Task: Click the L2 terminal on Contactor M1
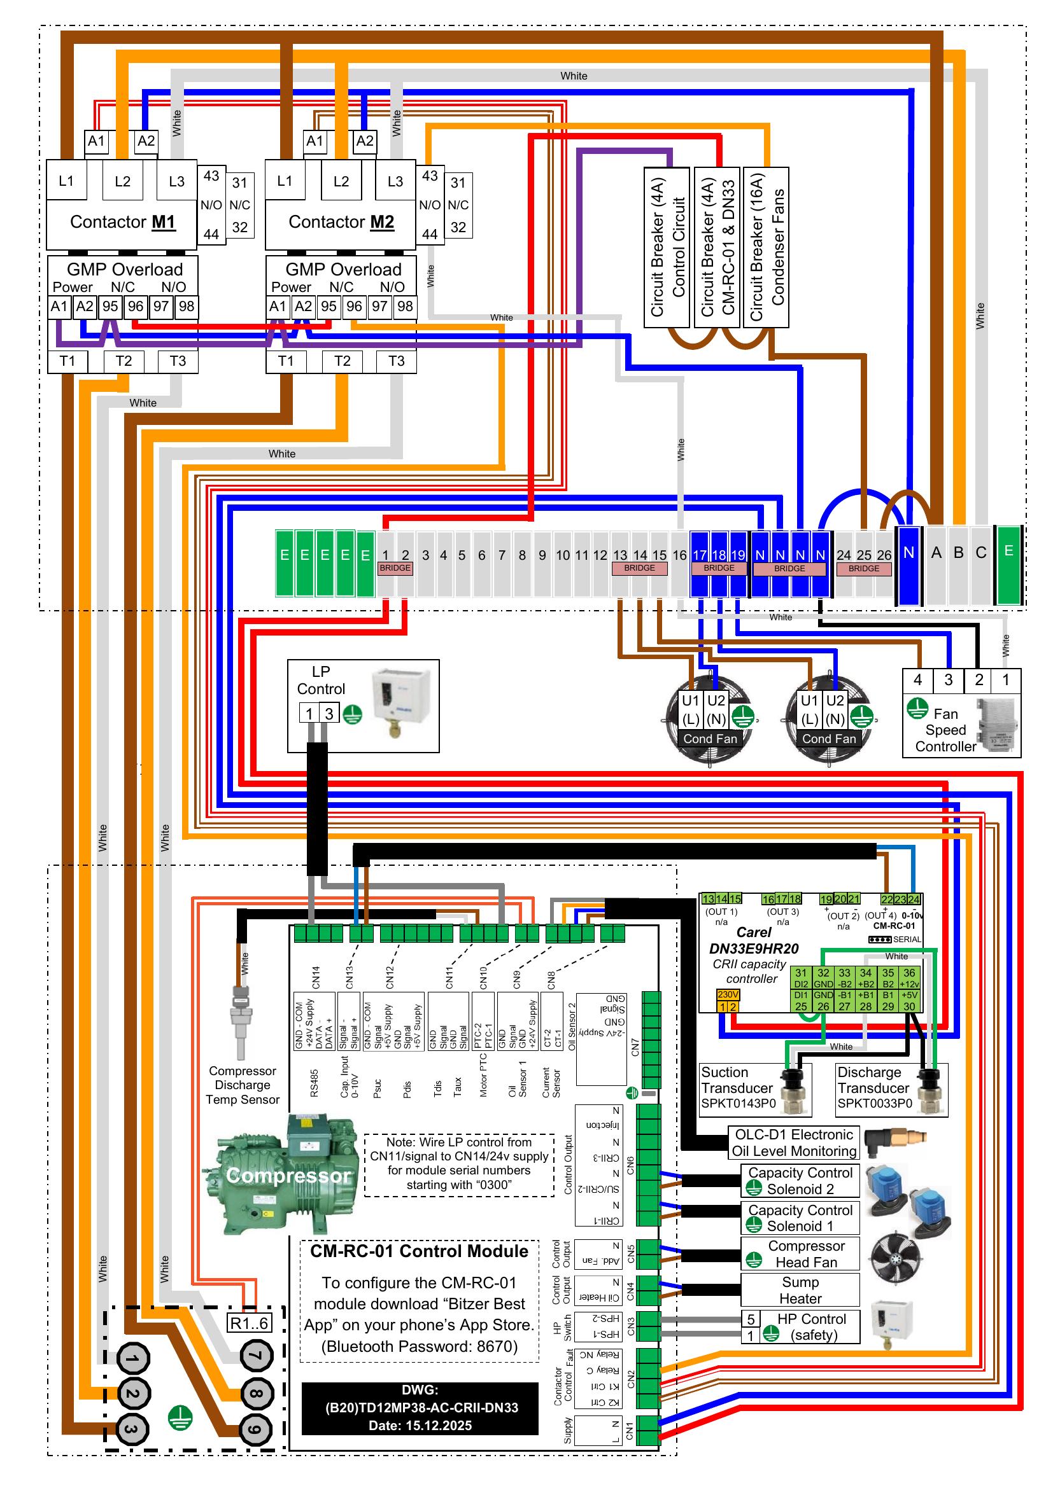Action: (x=122, y=181)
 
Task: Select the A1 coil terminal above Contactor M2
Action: (x=314, y=141)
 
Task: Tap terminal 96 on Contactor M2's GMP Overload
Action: (x=354, y=307)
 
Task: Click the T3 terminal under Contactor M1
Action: (x=178, y=361)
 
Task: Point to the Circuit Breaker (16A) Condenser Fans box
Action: (x=766, y=246)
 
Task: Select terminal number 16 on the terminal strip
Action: (x=679, y=555)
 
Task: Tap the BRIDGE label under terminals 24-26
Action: (x=864, y=568)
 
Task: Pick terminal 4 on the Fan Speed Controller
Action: (x=917, y=680)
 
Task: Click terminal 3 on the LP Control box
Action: (x=329, y=714)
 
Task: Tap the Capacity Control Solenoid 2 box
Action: (x=800, y=1181)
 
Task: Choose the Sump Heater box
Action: (x=800, y=1290)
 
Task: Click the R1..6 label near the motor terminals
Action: (x=249, y=1323)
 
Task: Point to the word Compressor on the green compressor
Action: (x=288, y=1175)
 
